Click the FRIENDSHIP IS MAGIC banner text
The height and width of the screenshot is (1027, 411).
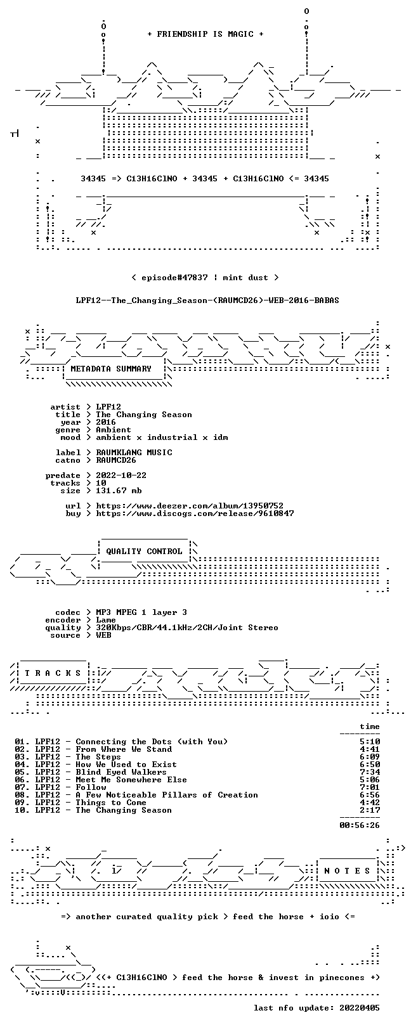pos(205,34)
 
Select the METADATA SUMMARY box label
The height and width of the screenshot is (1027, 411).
pos(111,368)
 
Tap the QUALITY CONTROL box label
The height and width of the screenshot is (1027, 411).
pos(144,551)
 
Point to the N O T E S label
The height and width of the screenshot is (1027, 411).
pos(347,870)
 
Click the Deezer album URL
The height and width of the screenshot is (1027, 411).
pos(190,506)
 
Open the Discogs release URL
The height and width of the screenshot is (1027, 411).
pos(195,513)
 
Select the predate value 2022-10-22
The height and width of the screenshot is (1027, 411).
pos(121,475)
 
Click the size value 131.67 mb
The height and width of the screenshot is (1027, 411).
pos(119,491)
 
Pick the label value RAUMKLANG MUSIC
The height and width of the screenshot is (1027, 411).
pos(134,453)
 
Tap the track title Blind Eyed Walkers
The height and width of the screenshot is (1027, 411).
pos(121,772)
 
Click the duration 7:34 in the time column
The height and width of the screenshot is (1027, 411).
pos(370,772)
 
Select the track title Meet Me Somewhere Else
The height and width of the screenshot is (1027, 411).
pos(131,780)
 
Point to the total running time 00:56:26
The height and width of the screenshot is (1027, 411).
pos(360,825)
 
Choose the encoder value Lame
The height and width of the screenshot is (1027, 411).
pos(106,620)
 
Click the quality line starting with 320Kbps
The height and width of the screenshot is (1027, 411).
pos(186,628)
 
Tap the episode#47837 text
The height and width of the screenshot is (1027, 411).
pos(174,278)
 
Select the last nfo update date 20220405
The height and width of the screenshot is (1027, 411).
pos(360,1008)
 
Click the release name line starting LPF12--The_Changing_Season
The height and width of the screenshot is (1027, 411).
pos(207,300)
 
